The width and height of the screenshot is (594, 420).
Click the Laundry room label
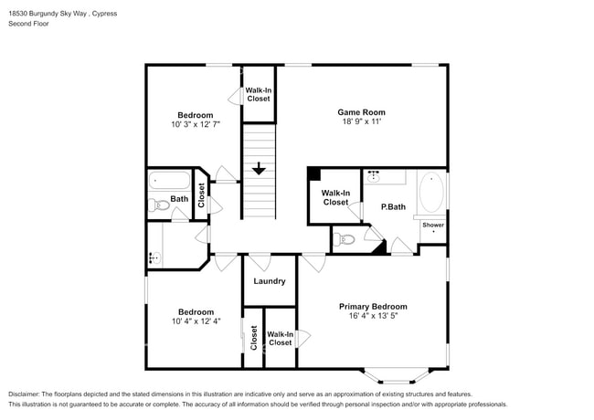click(x=270, y=281)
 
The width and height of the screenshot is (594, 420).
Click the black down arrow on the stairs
click(x=259, y=169)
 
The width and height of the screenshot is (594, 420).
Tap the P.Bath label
click(x=393, y=207)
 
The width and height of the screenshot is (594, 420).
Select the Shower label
click(x=433, y=225)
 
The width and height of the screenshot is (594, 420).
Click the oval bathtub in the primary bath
click(x=432, y=194)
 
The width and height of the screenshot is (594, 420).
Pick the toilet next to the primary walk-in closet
click(x=345, y=240)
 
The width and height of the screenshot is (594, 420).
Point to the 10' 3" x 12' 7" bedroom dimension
click(x=196, y=124)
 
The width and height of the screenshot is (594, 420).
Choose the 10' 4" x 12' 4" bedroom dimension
click(x=196, y=321)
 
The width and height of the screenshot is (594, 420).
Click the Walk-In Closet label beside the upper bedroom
click(x=258, y=94)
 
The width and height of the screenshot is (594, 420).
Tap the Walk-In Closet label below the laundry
click(x=281, y=339)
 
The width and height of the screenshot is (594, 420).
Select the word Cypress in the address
click(x=104, y=14)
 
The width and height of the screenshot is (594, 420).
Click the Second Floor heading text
click(x=29, y=24)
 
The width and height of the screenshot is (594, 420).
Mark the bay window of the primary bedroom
click(x=393, y=374)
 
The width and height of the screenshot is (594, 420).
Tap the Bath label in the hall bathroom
click(x=179, y=199)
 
